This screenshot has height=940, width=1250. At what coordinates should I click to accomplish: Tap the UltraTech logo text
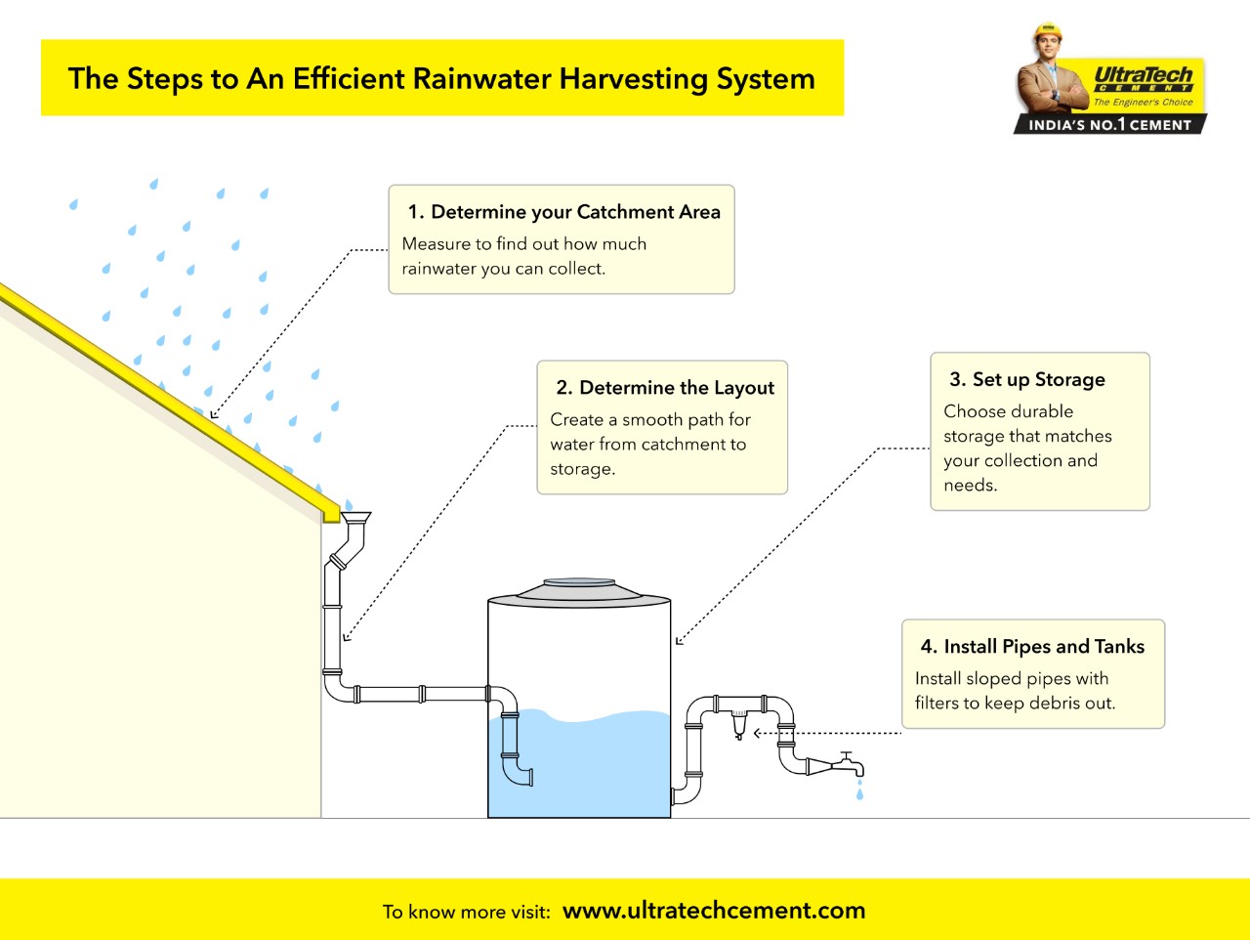pyautogui.click(x=1143, y=75)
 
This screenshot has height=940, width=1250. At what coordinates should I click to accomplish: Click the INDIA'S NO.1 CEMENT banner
pyautogui.click(x=1109, y=124)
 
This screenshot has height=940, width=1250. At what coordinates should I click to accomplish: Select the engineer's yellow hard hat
pyautogui.click(x=1047, y=32)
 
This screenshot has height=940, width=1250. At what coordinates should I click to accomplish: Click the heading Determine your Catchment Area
pyautogui.click(x=575, y=212)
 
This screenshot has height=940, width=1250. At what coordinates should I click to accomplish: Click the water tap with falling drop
pyautogui.click(x=845, y=763)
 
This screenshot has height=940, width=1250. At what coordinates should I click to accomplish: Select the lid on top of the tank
pyautogui.click(x=579, y=589)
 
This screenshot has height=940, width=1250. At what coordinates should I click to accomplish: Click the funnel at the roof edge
pyautogui.click(x=354, y=518)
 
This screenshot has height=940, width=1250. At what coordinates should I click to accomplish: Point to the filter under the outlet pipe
pyautogui.click(x=739, y=724)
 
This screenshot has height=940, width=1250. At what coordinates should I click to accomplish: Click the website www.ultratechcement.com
pyautogui.click(x=714, y=911)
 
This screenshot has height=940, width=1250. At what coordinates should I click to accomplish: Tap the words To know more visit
pyautogui.click(x=466, y=912)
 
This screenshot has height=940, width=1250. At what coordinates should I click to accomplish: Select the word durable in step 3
pyautogui.click(x=1042, y=411)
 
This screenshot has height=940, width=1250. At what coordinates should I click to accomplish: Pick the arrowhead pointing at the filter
pyautogui.click(x=758, y=733)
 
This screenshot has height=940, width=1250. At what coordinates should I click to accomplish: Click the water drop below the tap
pyautogui.click(x=859, y=794)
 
